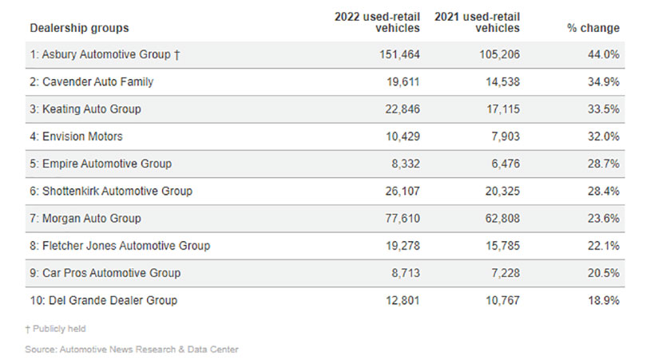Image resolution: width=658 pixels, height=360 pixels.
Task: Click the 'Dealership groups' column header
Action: click(x=79, y=28)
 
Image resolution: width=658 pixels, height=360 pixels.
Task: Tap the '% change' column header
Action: click(x=593, y=28)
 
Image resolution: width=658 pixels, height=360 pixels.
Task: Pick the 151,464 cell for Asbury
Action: click(x=397, y=54)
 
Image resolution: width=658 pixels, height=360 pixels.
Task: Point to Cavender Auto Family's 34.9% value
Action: click(x=603, y=81)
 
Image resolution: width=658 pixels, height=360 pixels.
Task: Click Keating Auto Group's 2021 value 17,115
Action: click(x=499, y=109)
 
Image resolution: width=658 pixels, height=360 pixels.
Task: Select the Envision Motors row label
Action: click(x=77, y=136)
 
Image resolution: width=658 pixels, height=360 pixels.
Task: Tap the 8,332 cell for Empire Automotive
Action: click(x=403, y=164)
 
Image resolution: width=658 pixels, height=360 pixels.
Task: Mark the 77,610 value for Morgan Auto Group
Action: click(x=400, y=219)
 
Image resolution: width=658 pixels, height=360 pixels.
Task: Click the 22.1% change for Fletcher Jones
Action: click(x=603, y=246)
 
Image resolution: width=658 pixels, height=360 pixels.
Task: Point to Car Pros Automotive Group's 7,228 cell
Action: click(x=502, y=273)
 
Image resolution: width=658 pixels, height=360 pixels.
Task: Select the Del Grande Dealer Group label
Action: click(x=104, y=300)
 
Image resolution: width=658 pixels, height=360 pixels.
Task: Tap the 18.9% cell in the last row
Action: click(x=603, y=300)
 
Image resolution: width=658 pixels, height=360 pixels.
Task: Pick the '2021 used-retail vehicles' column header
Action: click(x=478, y=22)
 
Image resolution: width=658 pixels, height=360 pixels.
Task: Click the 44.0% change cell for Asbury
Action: click(x=603, y=54)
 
